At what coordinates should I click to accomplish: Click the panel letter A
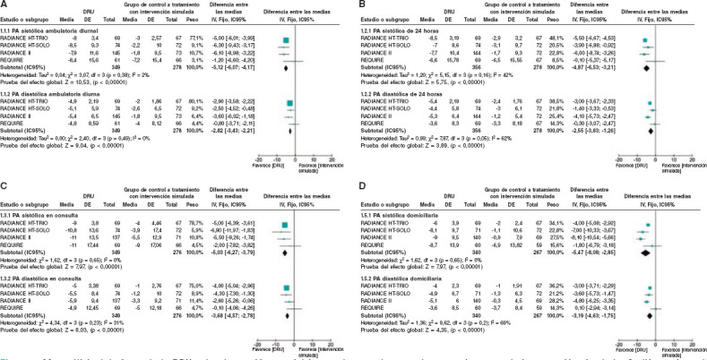point(4,4)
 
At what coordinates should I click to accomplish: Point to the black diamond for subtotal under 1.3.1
point(288,252)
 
